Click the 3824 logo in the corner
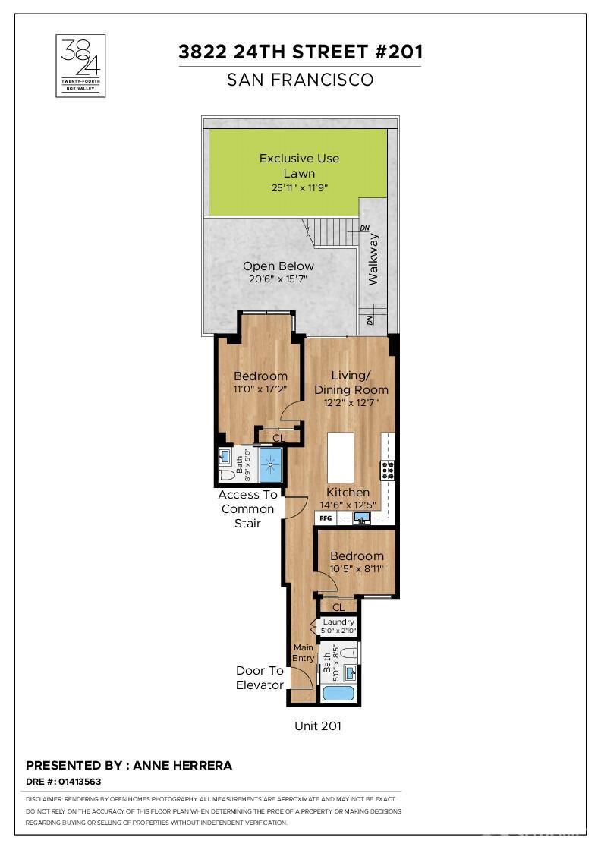[x=80, y=65]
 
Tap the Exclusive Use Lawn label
[x=299, y=166]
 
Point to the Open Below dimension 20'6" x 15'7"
[x=278, y=279]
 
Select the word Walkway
[x=373, y=259]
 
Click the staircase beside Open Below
[x=331, y=232]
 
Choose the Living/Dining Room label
[x=351, y=382]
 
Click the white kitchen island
[x=341, y=458]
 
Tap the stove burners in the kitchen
[x=388, y=470]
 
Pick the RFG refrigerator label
[x=325, y=518]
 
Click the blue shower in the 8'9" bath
[x=271, y=465]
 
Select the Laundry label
[x=338, y=622]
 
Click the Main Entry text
[x=304, y=653]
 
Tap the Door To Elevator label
[x=260, y=678]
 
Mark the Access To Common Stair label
[x=247, y=509]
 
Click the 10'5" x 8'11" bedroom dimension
[x=357, y=568]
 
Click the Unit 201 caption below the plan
[x=318, y=726]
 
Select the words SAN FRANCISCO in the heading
[x=300, y=80]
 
